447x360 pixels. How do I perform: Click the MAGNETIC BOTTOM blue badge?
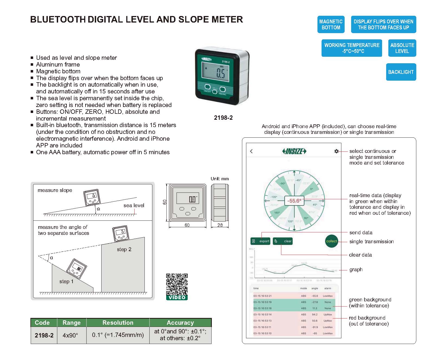331,24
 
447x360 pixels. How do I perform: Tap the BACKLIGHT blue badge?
401,72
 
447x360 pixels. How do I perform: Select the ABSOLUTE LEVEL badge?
402,48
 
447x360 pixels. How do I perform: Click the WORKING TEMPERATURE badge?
352,48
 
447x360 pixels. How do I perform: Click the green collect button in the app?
331,241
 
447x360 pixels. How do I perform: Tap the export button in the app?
260,241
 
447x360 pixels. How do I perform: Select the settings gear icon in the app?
336,151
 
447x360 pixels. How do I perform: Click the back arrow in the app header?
251,151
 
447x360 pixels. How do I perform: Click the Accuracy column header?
180,323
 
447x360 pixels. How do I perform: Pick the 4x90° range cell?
70,335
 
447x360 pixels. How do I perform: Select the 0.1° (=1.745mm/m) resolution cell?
118,335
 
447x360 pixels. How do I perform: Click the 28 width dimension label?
220,225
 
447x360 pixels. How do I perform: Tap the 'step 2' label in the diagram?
124,249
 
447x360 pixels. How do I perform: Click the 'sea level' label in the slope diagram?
134,205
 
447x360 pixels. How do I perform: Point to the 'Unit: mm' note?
220,179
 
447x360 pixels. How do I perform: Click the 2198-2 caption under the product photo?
223,118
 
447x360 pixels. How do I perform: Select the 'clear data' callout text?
360,255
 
